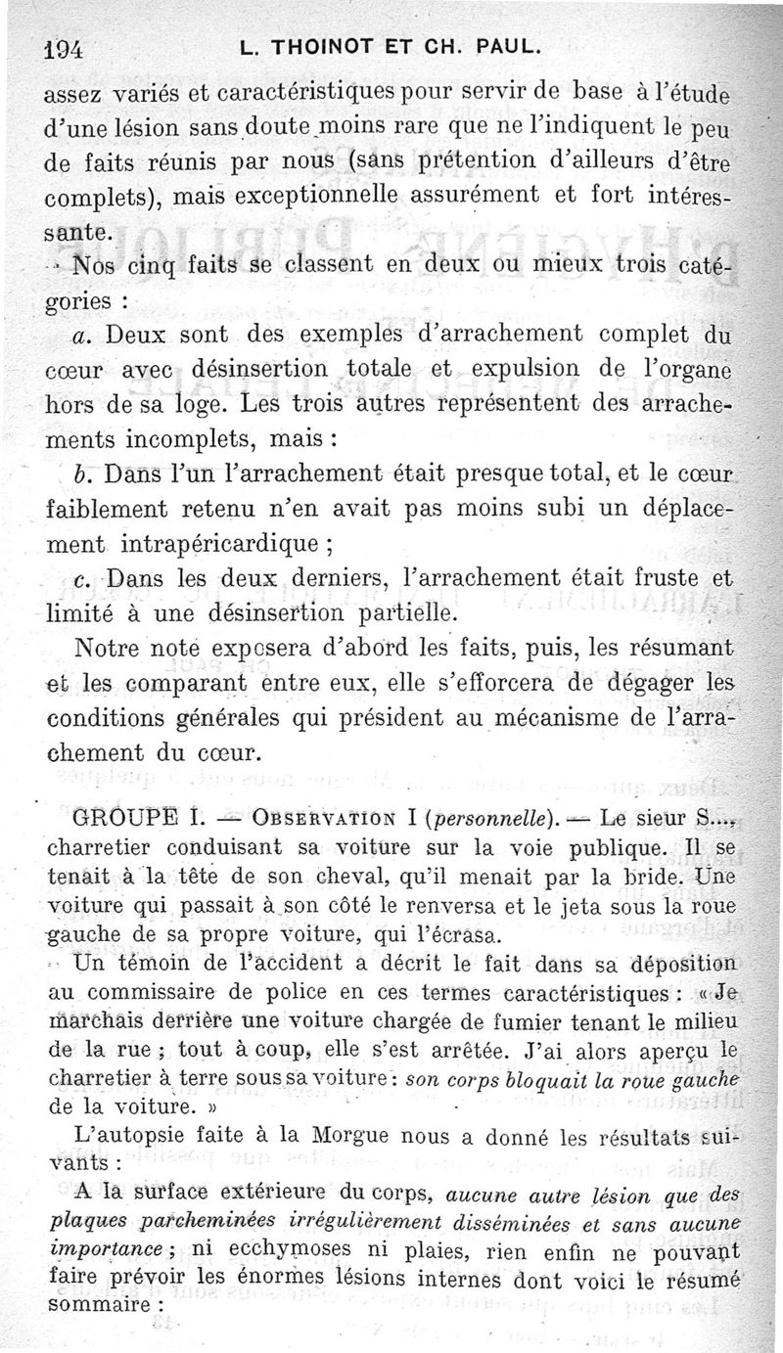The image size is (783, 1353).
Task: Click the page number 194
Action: click(66, 49)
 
